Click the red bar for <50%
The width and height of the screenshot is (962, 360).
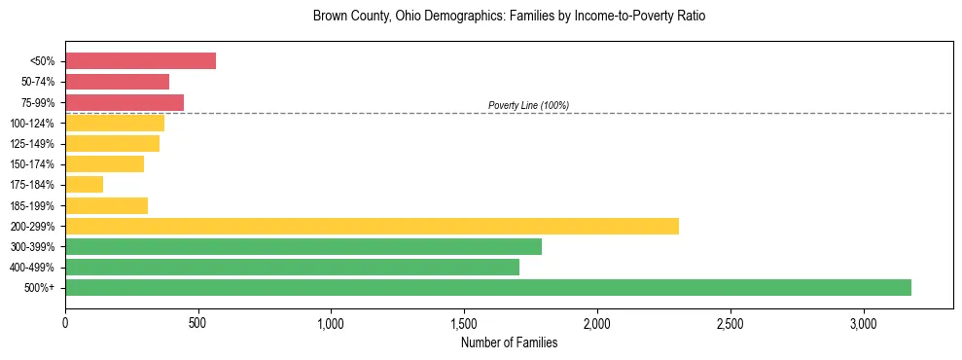pyautogui.click(x=140, y=61)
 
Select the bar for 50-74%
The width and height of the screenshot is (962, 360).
pyautogui.click(x=117, y=82)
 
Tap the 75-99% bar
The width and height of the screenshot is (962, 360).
pyautogui.click(x=125, y=102)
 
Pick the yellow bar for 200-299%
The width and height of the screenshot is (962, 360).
pyautogui.click(x=372, y=226)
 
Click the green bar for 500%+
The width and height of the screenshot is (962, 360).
pyautogui.click(x=487, y=287)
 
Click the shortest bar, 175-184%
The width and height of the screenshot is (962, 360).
pyautogui.click(x=84, y=185)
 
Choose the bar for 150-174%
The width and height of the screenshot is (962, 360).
pyautogui.click(x=104, y=164)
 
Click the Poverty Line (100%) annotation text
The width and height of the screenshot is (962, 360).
pyautogui.click(x=528, y=105)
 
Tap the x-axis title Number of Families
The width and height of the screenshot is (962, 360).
pyautogui.click(x=509, y=342)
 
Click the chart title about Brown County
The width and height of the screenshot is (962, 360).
pyautogui.click(x=509, y=17)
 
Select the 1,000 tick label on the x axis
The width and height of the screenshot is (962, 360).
pyautogui.click(x=331, y=323)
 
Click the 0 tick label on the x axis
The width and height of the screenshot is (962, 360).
pyautogui.click(x=65, y=323)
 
